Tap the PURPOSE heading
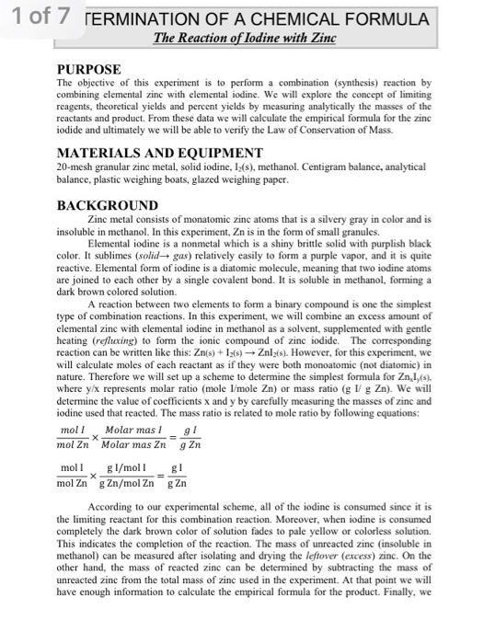click(89, 67)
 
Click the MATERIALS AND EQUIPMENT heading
click(148, 152)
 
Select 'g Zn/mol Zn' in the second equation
click(144, 482)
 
